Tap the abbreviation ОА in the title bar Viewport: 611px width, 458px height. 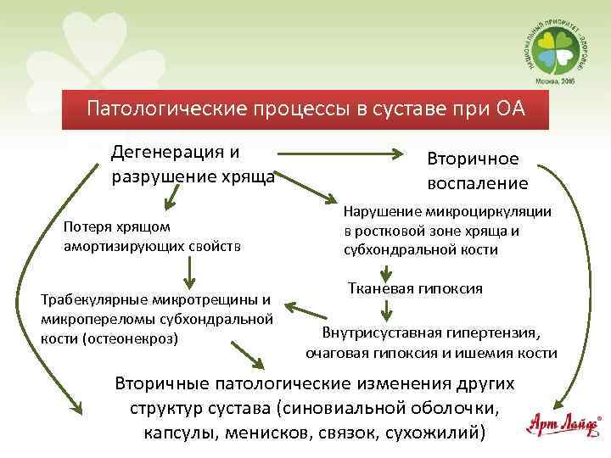pos(507,110)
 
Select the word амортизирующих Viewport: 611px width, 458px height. pos(125,246)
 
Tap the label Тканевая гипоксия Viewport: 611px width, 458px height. pos(415,289)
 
